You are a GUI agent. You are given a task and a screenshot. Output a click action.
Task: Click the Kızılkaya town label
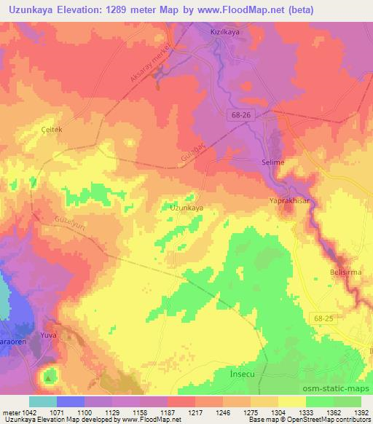[225, 34]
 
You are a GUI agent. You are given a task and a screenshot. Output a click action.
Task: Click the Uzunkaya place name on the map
[186, 208]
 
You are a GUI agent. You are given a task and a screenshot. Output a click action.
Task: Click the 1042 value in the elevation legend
[25, 412]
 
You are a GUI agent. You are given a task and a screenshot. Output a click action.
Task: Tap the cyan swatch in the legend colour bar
[43, 401]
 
